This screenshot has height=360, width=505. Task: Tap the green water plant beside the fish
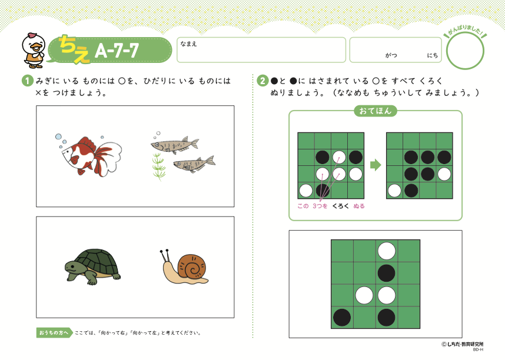coord(158,166)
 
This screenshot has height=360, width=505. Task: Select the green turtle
coord(92,266)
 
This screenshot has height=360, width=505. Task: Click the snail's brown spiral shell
coord(192,266)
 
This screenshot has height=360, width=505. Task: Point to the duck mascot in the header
coord(34,50)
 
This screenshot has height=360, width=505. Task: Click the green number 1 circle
coord(28,81)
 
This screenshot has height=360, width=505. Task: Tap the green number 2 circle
coord(263,81)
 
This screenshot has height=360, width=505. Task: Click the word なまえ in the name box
coord(188,44)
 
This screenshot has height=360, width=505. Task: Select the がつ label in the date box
coord(391,55)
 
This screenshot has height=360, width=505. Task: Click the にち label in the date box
coord(433,55)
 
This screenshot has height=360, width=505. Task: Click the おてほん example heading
coord(375,111)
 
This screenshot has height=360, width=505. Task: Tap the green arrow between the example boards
coord(376,165)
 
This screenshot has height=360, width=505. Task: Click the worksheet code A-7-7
coord(117,50)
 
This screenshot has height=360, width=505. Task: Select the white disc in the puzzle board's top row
coord(387,251)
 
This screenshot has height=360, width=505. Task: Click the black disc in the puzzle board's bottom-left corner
coord(342,317)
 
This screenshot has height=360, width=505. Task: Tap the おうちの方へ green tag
coord(54,332)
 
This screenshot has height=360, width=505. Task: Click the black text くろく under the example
coord(340,206)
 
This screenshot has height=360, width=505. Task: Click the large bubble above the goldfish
coord(58,137)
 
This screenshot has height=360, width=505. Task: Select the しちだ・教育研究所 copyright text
coord(463,344)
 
